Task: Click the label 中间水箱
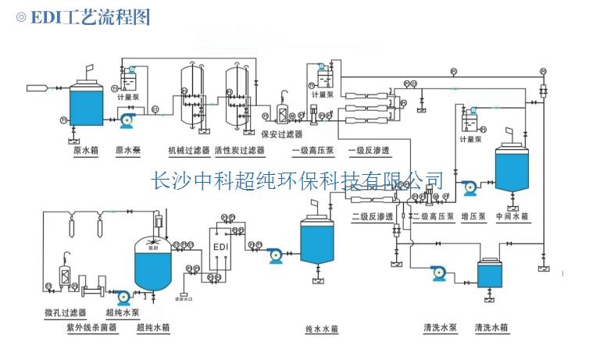[512, 216]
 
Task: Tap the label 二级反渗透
[370, 216]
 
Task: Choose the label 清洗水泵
[439, 327]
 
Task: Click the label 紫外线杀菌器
[92, 327]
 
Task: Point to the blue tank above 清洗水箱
[491, 275]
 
